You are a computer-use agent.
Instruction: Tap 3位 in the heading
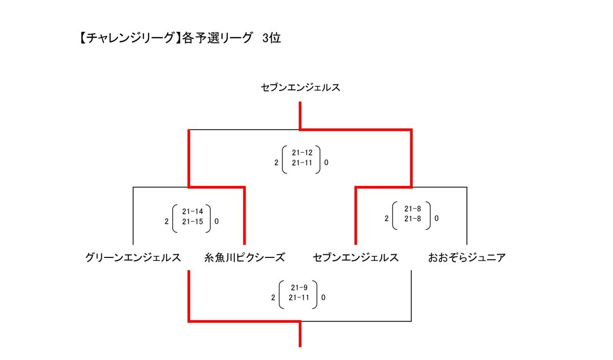pyautogui.click(x=271, y=38)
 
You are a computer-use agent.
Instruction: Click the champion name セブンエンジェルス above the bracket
pyautogui.click(x=300, y=88)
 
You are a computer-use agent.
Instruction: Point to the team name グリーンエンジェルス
pyautogui.click(x=133, y=257)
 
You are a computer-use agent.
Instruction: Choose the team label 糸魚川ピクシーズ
pyautogui.click(x=244, y=257)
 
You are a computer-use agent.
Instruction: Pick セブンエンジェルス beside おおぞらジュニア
pyautogui.click(x=356, y=257)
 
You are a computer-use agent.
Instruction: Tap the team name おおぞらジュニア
pyautogui.click(x=467, y=257)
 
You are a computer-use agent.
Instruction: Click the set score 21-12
pyautogui.click(x=302, y=153)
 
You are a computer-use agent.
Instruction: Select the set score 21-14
pyautogui.click(x=192, y=211)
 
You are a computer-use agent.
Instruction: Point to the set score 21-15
pyautogui.click(x=192, y=222)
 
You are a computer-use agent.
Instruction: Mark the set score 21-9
pyautogui.click(x=299, y=287)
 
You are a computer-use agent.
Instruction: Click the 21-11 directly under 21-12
pyautogui.click(x=302, y=163)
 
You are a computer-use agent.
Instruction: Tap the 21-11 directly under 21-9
pyautogui.click(x=299, y=298)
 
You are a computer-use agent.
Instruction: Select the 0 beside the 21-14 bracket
pyautogui.click(x=217, y=222)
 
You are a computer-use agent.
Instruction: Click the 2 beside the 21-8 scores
pyautogui.click(x=387, y=219)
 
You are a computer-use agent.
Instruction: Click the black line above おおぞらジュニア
pyautogui.click(x=466, y=214)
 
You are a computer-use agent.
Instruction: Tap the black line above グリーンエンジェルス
pyautogui.click(x=133, y=214)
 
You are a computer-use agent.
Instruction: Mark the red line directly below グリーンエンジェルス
pyautogui.click(x=189, y=296)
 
